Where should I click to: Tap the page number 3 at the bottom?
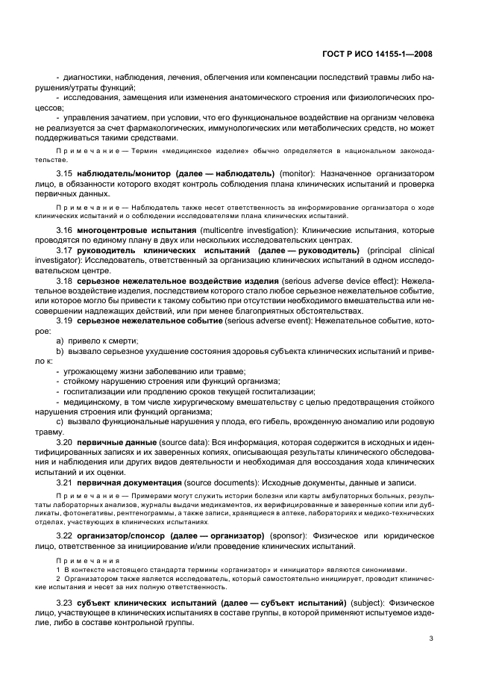tap(432, 638)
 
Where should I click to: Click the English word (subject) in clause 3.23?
tap(368, 602)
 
